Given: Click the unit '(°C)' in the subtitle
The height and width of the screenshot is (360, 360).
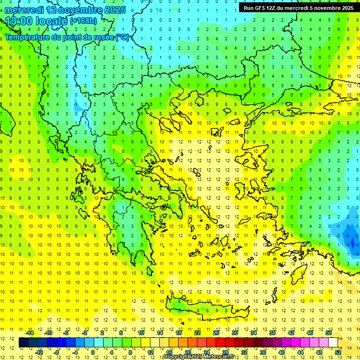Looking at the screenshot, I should coord(122,37).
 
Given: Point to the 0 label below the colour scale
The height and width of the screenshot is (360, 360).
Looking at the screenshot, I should coord(93,352).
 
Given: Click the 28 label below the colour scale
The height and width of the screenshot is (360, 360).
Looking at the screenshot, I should coord(225,352).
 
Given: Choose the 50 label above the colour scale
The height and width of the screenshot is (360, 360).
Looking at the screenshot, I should coord(329,333).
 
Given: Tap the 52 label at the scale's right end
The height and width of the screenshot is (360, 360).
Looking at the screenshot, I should coord(338,352).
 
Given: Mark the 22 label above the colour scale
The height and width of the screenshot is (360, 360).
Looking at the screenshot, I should coord(197,333).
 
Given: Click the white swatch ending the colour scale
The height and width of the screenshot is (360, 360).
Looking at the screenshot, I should coord(333,343).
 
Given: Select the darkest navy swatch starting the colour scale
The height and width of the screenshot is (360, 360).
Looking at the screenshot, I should coord(23,343).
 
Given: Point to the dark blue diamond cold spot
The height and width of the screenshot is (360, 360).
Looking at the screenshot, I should coord(352,243).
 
